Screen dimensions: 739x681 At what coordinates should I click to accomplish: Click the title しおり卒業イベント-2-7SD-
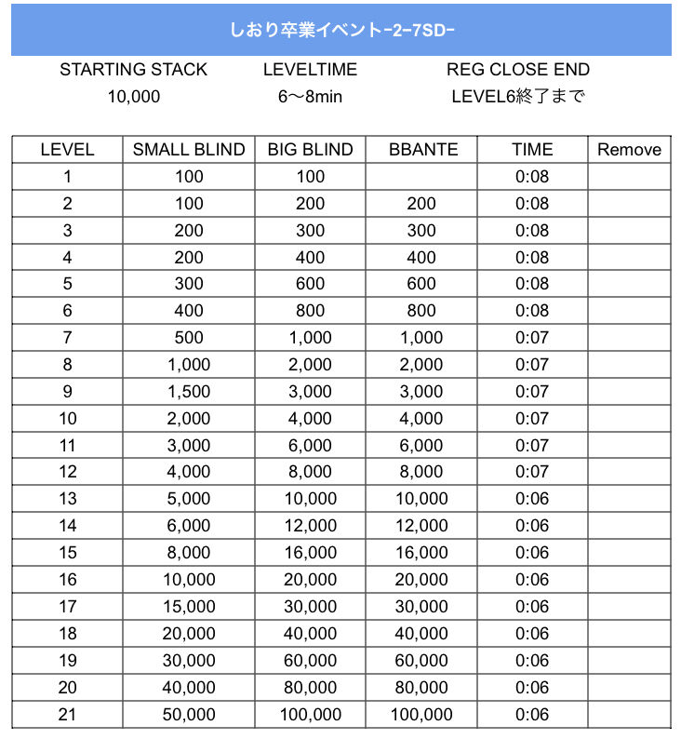[x=340, y=29]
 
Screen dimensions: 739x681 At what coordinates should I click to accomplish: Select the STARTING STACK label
[x=133, y=70]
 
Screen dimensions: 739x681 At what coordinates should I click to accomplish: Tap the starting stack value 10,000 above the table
[x=133, y=96]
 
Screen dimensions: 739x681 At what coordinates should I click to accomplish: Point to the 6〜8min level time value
[x=310, y=96]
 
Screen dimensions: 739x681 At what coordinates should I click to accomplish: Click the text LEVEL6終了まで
[x=518, y=96]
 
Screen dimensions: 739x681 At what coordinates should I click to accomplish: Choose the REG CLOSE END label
[x=518, y=70]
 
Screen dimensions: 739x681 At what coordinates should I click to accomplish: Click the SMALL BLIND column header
[x=189, y=150]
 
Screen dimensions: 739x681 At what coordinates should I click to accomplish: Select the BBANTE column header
[x=421, y=150]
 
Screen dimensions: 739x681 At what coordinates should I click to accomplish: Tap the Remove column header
[x=629, y=150]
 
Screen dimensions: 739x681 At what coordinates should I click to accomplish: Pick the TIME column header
[x=532, y=150]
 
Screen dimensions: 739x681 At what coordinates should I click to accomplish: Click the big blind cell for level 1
[x=310, y=177]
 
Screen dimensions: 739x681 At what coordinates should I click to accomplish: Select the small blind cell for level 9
[x=189, y=392]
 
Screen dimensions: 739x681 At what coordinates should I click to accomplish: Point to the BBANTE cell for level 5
[x=421, y=284]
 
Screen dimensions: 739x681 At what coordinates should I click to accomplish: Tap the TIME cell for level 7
[x=532, y=338]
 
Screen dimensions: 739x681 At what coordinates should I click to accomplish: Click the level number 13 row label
[x=67, y=499]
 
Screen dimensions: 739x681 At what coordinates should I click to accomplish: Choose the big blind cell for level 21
[x=310, y=715]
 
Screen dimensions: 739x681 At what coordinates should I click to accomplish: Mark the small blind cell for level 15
[x=189, y=553]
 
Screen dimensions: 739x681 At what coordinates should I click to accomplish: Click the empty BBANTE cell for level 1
[x=421, y=177]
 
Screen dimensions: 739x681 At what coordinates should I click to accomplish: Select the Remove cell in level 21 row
[x=629, y=715]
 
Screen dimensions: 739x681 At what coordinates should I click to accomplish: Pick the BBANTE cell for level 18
[x=421, y=634]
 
